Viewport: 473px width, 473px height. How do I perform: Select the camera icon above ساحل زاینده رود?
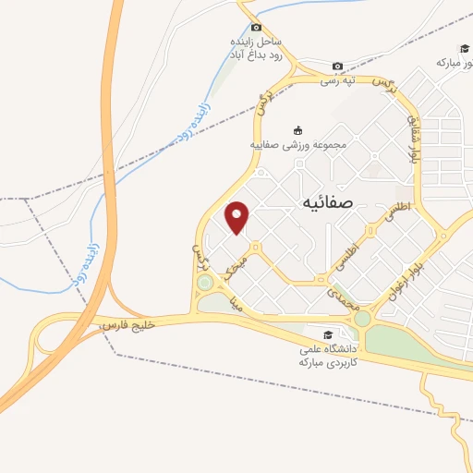pyautogui.click(x=256, y=29)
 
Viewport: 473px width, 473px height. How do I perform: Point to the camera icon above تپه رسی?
pyautogui.click(x=338, y=66)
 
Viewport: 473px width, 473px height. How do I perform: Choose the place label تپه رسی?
pyautogui.click(x=338, y=80)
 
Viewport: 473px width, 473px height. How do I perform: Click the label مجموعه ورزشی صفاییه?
pyautogui.click(x=297, y=145)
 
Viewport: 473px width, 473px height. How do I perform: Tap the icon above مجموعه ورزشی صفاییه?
pyautogui.click(x=297, y=129)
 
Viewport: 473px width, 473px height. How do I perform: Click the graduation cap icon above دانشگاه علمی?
pyautogui.click(x=328, y=335)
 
